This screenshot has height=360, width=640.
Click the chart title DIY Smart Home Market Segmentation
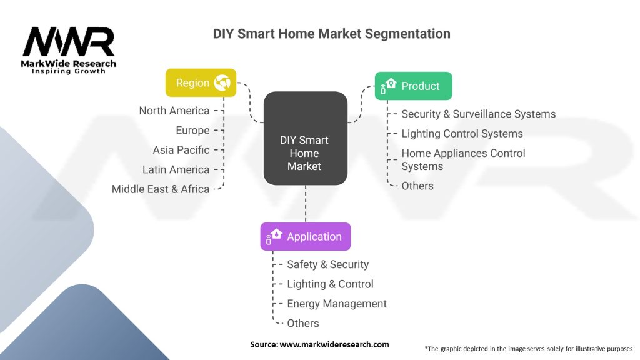pyautogui.click(x=331, y=34)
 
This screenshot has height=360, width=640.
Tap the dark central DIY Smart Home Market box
pyautogui.click(x=305, y=139)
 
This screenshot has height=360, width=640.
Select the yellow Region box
pyautogui.click(x=201, y=82)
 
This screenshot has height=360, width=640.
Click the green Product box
pyautogui.click(x=413, y=86)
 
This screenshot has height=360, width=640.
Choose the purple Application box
pyautogui.click(x=306, y=237)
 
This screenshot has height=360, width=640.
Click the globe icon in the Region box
pyautogui.click(x=222, y=82)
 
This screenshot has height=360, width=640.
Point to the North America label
pyautogui.click(x=174, y=111)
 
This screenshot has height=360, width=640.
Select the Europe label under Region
pyautogui.click(x=192, y=130)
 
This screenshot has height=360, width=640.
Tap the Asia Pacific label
pyautogui.click(x=181, y=150)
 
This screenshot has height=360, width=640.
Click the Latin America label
pyautogui.click(x=176, y=169)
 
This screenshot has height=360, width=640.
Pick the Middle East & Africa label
pyautogui.click(x=161, y=189)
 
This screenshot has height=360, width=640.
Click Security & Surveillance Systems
pyautogui.click(x=478, y=114)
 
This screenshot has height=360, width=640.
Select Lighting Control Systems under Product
pyautogui.click(x=462, y=133)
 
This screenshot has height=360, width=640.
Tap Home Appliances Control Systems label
pyautogui.click(x=463, y=159)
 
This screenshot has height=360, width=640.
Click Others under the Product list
pyautogui.click(x=417, y=186)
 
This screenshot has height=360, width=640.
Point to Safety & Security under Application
pyautogui.click(x=327, y=264)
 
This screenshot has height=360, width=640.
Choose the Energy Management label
pyautogui.click(x=336, y=304)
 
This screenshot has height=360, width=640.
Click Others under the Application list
pyautogui.click(x=303, y=323)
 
